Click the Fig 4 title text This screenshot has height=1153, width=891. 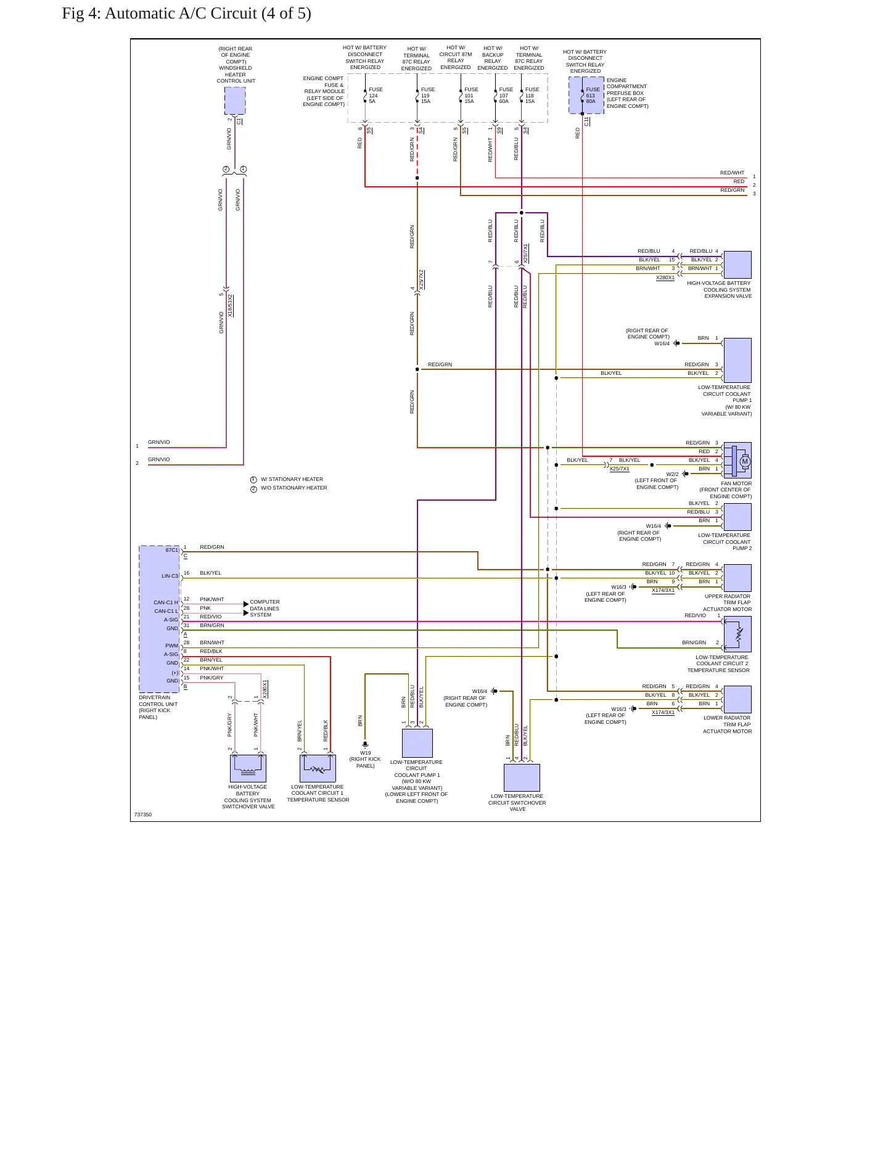[x=186, y=13]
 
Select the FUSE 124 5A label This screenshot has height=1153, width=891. [x=376, y=96]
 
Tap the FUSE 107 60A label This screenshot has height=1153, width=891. [x=506, y=96]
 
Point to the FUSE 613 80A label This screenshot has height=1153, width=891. [x=593, y=96]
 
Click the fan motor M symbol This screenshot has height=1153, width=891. [x=745, y=461]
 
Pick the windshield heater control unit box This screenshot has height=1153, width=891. [x=235, y=101]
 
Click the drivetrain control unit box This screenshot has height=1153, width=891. [x=160, y=619]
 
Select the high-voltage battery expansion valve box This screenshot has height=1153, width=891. [x=737, y=265]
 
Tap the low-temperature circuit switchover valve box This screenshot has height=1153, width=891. [x=522, y=778]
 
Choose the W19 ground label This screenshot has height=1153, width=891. [x=366, y=753]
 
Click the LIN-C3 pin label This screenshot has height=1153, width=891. [x=170, y=576]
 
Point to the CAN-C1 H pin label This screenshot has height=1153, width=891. [x=166, y=602]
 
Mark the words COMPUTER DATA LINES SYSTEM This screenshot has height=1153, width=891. [x=265, y=609]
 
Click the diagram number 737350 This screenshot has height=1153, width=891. [x=143, y=814]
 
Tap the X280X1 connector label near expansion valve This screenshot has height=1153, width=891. [x=665, y=278]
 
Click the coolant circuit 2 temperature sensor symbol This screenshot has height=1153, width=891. [x=737, y=634]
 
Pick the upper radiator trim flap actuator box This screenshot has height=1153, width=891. [x=737, y=578]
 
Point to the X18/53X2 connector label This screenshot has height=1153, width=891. [x=231, y=306]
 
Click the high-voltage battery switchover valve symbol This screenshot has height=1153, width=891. [x=248, y=768]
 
